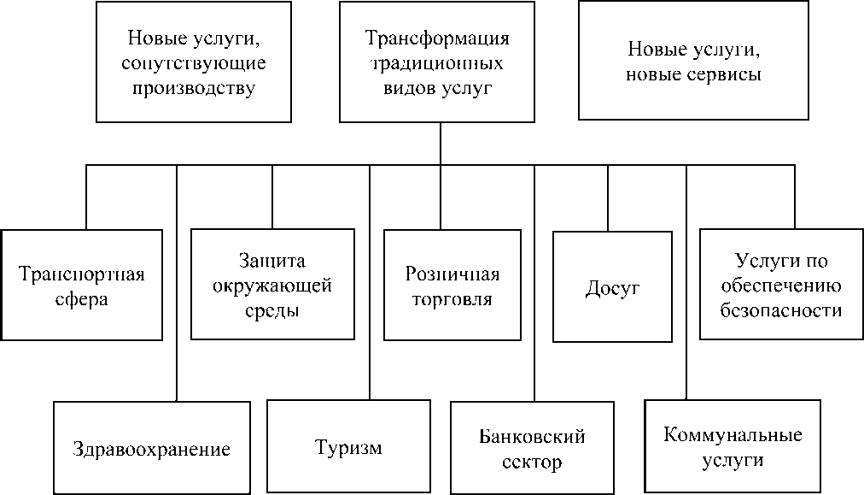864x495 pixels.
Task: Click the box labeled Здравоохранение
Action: [x=151, y=448]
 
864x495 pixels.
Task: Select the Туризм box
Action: [x=347, y=448]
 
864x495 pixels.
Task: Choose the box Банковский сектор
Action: [x=532, y=449]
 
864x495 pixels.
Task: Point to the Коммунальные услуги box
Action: [x=733, y=447]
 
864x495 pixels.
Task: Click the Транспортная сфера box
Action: [x=81, y=286]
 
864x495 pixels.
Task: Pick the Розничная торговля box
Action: [x=452, y=286]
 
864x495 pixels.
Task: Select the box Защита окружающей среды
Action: [x=272, y=284]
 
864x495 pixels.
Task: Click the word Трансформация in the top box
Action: [x=437, y=39]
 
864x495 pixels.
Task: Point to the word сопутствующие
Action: [x=194, y=63]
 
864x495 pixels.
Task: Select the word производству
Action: [x=194, y=88]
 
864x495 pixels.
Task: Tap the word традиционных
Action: [x=436, y=63]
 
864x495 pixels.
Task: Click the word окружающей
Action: [x=272, y=285]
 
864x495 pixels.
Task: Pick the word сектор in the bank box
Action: [x=532, y=463]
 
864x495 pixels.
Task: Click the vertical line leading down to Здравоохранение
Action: [x=177, y=282]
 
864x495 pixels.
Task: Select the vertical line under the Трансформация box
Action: [x=441, y=144]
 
